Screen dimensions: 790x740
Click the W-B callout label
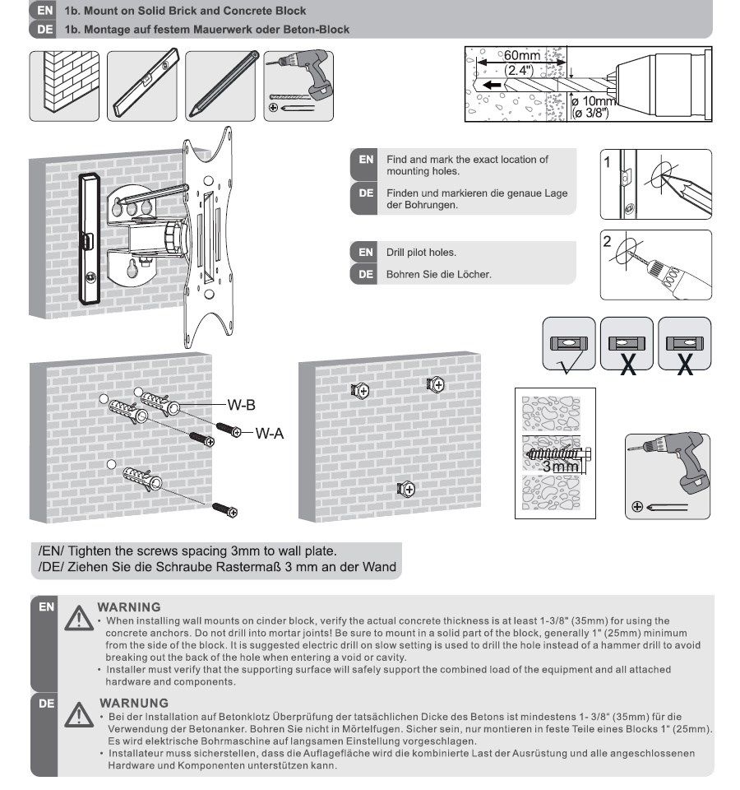[x=241, y=404]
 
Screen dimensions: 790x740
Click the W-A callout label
[x=269, y=432]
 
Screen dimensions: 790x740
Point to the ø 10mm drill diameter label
[x=594, y=100]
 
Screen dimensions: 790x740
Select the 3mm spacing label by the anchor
[x=562, y=466]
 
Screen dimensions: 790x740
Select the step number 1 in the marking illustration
[x=608, y=162]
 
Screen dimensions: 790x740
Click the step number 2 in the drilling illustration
[x=608, y=242]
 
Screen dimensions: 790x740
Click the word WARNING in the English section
[x=129, y=606]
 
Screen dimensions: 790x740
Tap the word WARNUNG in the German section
[x=133, y=703]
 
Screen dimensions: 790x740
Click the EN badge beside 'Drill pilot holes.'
[x=366, y=252]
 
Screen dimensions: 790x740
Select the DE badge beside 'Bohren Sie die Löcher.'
[x=366, y=274]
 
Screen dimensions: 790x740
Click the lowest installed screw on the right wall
[x=405, y=490]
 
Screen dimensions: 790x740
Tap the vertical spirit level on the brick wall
[x=88, y=239]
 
